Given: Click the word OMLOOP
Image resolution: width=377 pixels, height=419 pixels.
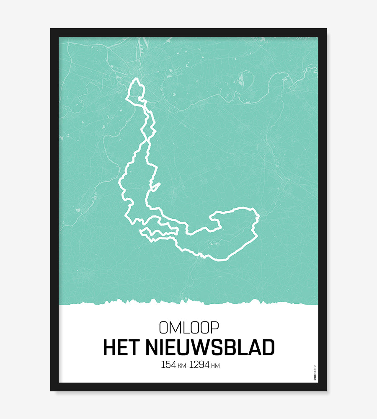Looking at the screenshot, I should click(188, 327).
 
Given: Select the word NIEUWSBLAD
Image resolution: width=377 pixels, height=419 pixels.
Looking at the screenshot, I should click(210, 347).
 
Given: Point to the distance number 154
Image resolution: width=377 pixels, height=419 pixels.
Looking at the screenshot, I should click(168, 365).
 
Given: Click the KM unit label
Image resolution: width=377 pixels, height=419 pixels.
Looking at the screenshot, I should click(182, 366).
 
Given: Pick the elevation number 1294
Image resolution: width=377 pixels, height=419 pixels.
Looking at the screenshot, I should click(199, 365).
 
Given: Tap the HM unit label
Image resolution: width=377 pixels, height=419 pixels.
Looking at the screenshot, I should click(216, 366).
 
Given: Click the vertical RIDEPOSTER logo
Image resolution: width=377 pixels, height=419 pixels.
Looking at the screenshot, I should click(315, 372).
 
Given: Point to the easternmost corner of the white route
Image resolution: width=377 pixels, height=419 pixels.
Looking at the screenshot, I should click(258, 217).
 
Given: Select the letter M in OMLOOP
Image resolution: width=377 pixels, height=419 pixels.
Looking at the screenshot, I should click(175, 327).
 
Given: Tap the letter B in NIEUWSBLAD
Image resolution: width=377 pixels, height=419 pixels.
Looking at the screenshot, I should click(233, 347).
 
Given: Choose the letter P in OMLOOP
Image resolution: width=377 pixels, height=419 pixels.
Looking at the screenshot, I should click(214, 327).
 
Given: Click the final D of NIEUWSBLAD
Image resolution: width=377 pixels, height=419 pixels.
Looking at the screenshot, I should click(268, 347).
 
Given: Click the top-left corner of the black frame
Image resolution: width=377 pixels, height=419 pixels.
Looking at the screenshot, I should click(51, 29).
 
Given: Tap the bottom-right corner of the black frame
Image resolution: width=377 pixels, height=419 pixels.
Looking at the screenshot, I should click(326, 391).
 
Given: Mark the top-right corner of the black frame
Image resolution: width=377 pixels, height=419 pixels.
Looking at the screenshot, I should click(326, 29).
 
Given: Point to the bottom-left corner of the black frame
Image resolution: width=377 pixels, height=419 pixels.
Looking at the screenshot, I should click(51, 391).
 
